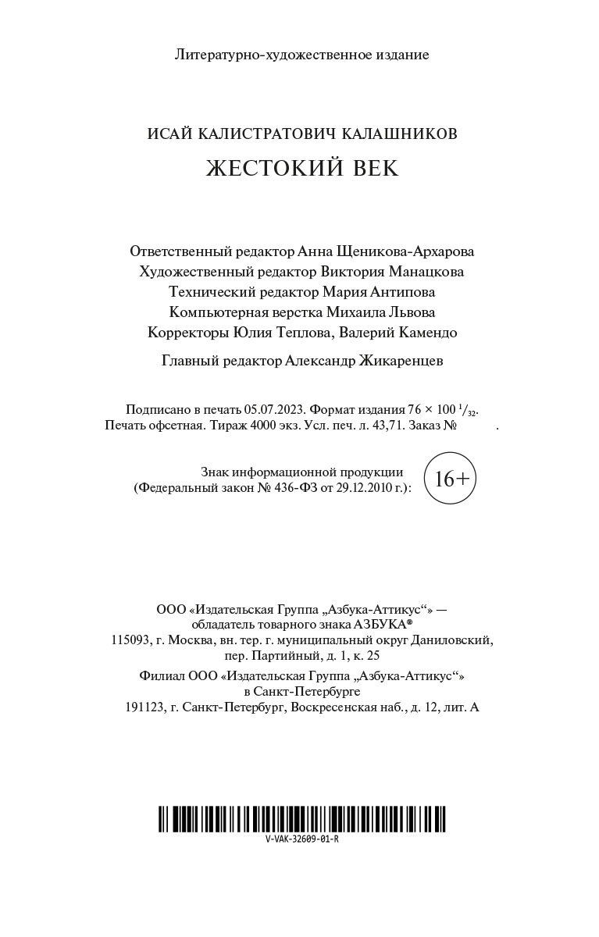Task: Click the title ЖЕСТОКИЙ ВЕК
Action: pyautogui.click(x=302, y=169)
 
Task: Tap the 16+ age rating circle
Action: pyautogui.click(x=450, y=479)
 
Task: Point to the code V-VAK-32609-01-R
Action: pyautogui.click(x=301, y=839)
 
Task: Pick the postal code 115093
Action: pyautogui.click(x=130, y=640)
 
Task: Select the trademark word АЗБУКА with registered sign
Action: pyautogui.click(x=383, y=625)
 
